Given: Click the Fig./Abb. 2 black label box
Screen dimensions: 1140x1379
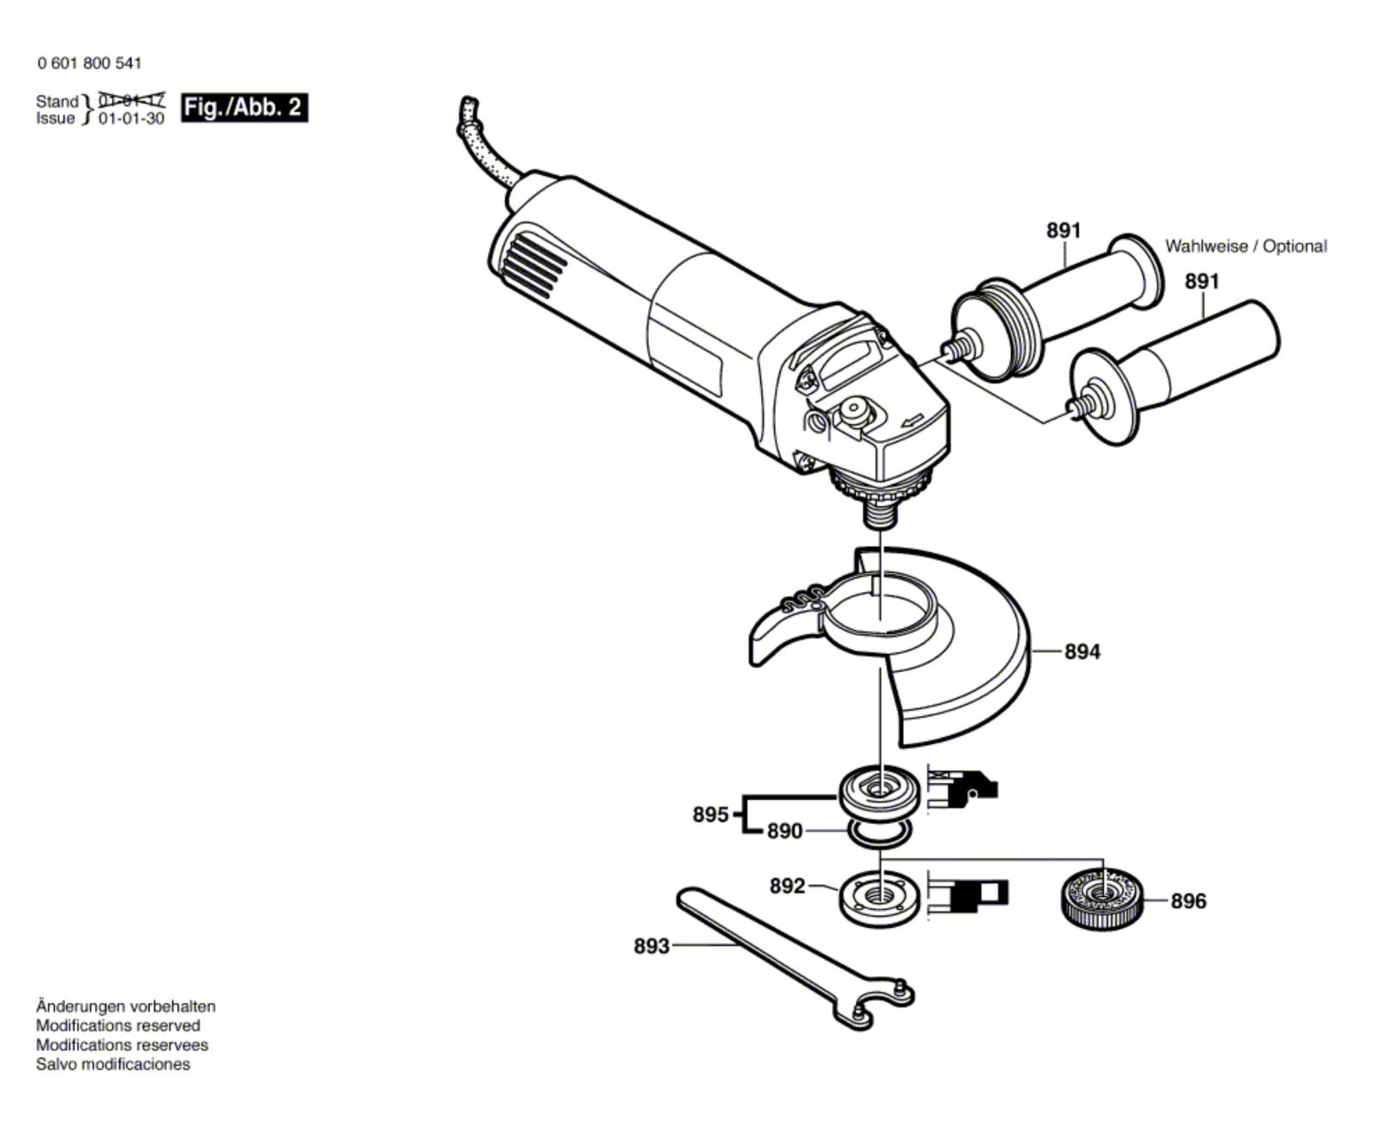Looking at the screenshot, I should click(x=244, y=108).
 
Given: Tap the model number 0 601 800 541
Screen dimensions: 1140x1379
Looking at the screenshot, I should click(x=90, y=63).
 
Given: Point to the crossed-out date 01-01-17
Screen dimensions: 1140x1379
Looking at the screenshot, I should click(x=131, y=101).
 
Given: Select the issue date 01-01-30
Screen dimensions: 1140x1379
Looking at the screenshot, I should click(x=131, y=119).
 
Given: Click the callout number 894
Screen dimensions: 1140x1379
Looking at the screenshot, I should click(x=1082, y=652).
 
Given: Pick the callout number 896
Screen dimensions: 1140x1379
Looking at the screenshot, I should click(x=1188, y=901).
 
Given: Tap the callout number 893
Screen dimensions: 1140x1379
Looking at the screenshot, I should click(x=652, y=946).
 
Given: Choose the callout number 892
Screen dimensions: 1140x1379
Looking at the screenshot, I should click(x=787, y=886).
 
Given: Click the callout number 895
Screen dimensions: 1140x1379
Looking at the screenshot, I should click(x=710, y=814).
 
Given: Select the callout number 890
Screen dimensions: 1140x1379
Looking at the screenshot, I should click(x=784, y=832).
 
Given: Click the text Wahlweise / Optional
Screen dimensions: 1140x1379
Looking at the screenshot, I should click(x=1245, y=246).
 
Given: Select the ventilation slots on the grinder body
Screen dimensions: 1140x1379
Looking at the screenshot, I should click(x=534, y=264).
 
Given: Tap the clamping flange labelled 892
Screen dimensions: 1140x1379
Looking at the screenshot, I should click(x=878, y=896).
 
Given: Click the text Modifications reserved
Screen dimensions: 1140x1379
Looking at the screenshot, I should click(x=118, y=1025).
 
